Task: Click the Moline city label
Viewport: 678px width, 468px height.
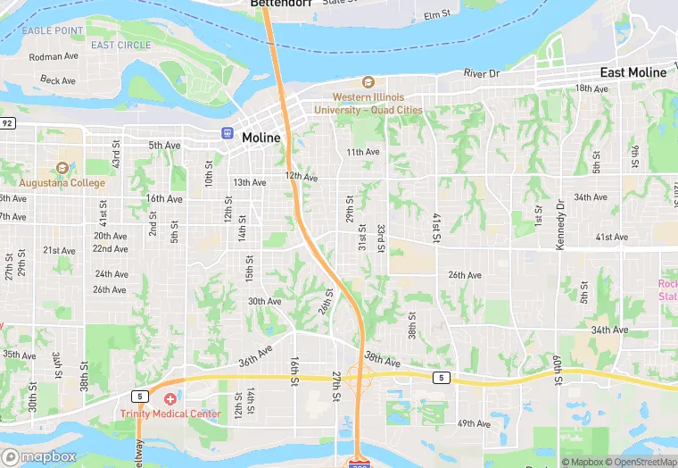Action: tap(260, 138)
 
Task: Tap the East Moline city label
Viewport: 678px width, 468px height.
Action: tap(633, 72)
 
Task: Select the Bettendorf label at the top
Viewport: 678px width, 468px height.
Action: tap(277, 4)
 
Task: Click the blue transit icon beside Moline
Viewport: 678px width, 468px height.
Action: tap(228, 133)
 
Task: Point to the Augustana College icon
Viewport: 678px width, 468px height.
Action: tap(62, 168)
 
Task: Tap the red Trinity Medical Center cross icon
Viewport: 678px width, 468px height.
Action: tap(169, 399)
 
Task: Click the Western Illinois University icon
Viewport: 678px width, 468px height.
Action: tap(368, 83)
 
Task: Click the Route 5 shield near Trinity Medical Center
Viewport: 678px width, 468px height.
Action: tap(139, 395)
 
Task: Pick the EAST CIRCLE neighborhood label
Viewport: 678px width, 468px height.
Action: tap(120, 45)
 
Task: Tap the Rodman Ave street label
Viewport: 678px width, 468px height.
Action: tap(54, 56)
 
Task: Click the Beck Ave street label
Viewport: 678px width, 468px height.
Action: tap(58, 80)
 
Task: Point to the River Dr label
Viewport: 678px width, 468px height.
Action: tap(479, 73)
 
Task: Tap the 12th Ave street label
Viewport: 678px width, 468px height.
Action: tap(302, 177)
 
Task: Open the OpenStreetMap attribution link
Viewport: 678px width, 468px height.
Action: tap(641, 462)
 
